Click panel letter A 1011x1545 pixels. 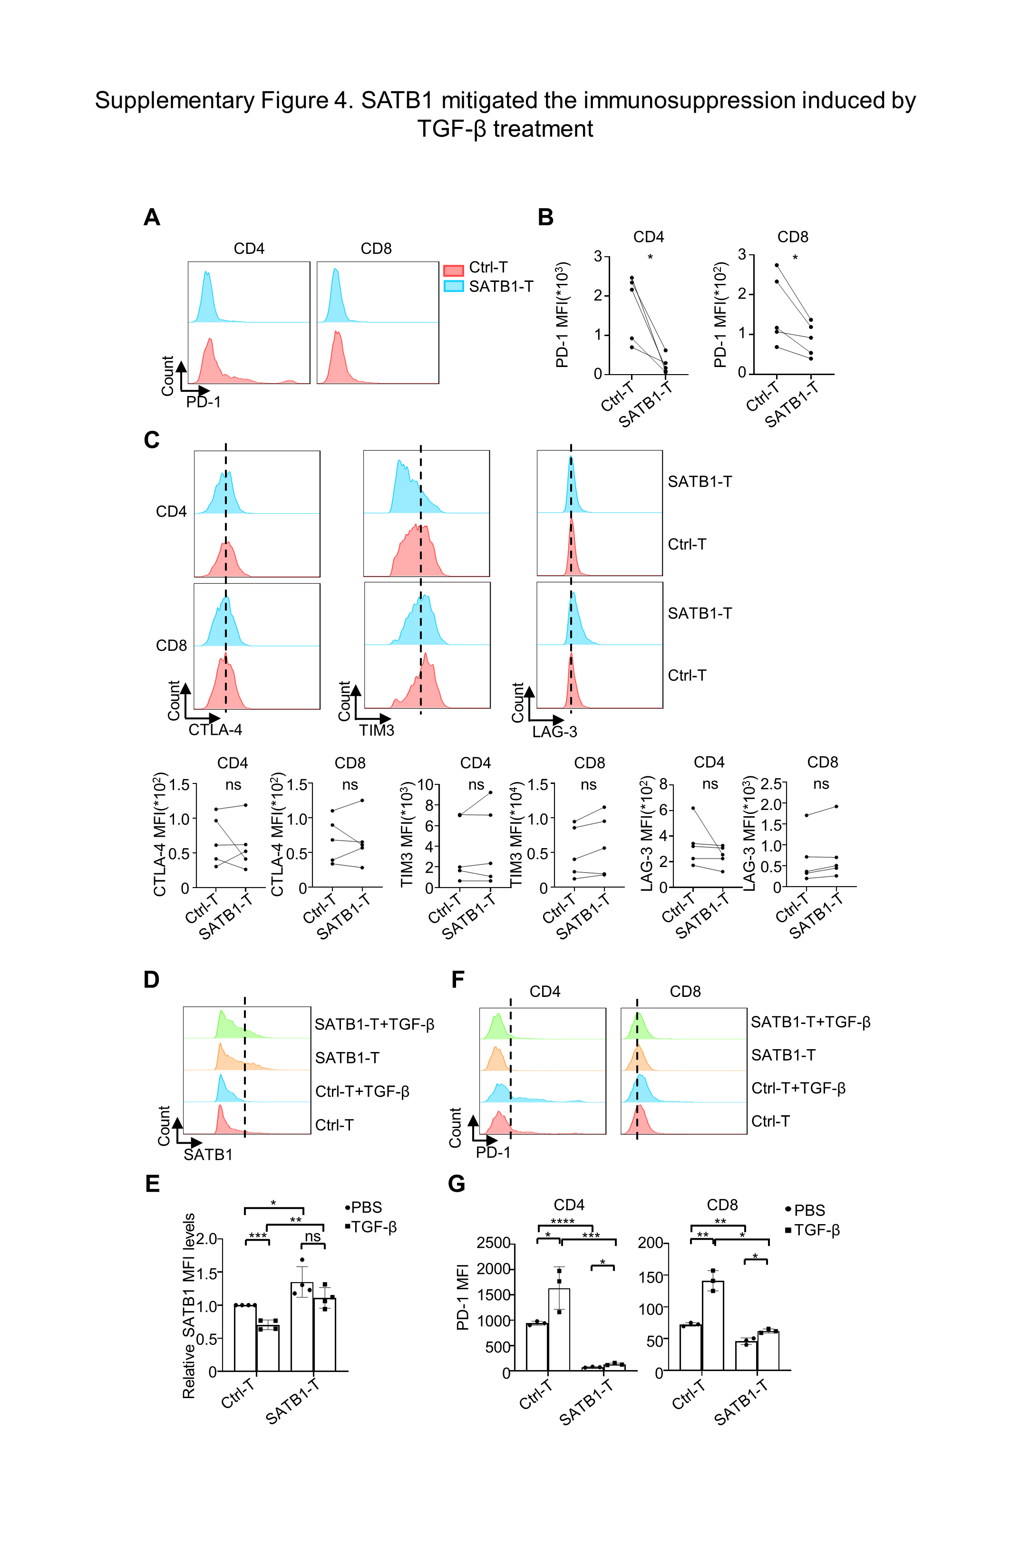pos(152,217)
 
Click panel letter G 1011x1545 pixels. pos(457,1184)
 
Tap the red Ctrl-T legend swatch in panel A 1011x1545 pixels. pos(453,270)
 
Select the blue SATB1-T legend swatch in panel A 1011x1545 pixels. pos(453,286)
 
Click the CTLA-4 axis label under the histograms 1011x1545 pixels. pos(215,730)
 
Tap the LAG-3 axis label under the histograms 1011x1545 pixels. pos(554,732)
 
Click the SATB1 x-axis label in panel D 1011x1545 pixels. pos(208,1154)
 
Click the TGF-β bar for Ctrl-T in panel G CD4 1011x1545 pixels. pos(559,1331)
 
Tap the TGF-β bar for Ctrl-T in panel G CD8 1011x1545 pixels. pos(713,1327)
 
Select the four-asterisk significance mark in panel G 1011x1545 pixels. pos(562,1222)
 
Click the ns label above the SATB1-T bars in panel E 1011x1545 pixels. pos(313,1236)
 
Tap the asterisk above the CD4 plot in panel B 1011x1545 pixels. pos(650,257)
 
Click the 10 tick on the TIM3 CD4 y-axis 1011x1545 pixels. pos(425,785)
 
